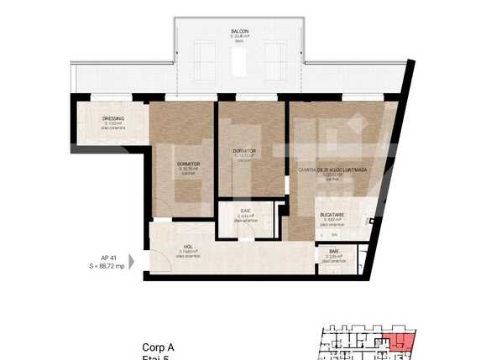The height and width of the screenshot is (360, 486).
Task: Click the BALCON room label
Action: [239, 32]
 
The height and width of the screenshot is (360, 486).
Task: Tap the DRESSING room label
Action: [113, 118]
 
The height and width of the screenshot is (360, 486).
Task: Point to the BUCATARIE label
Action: [332, 215]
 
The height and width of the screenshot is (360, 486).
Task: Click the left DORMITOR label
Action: [188, 164]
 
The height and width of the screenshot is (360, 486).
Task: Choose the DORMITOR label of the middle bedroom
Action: [244, 151]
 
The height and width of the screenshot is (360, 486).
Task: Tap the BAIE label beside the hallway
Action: [246, 211]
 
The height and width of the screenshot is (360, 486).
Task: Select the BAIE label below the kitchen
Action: [333, 250]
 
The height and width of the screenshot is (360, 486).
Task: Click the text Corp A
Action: [159, 347]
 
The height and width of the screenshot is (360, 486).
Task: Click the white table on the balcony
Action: [240, 60]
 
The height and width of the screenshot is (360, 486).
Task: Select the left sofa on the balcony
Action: [204, 60]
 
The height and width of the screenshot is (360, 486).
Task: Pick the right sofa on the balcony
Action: [276, 60]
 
